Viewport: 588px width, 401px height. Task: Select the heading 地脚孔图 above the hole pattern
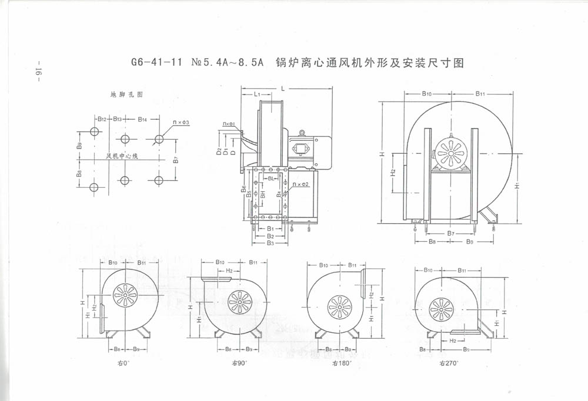click(127, 94)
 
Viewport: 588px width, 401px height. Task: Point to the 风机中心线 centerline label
click(122, 156)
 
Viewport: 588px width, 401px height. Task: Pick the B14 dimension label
click(142, 119)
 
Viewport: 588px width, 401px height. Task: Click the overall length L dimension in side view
click(283, 88)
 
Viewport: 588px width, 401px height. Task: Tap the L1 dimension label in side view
click(257, 94)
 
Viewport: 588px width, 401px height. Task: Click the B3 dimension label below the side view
click(270, 242)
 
